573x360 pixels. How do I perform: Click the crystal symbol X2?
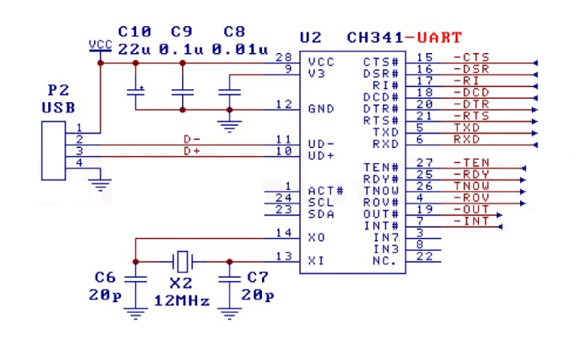coord(183,260)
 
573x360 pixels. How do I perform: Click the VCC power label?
coord(101,44)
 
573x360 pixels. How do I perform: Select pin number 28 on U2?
coord(283,59)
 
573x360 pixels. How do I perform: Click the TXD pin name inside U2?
coord(385,132)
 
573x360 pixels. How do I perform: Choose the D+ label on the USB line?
coord(192,150)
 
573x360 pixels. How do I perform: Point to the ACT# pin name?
coord(324,191)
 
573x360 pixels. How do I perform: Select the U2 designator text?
coord(311,37)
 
